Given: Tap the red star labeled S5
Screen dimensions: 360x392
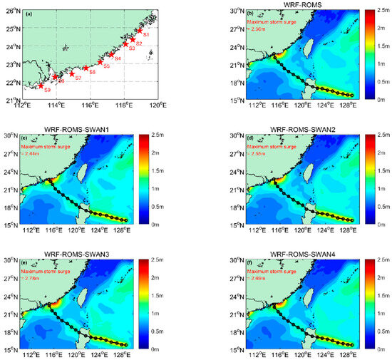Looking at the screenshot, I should coord(99,62).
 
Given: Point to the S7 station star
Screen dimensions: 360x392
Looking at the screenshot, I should coord(71,73).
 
